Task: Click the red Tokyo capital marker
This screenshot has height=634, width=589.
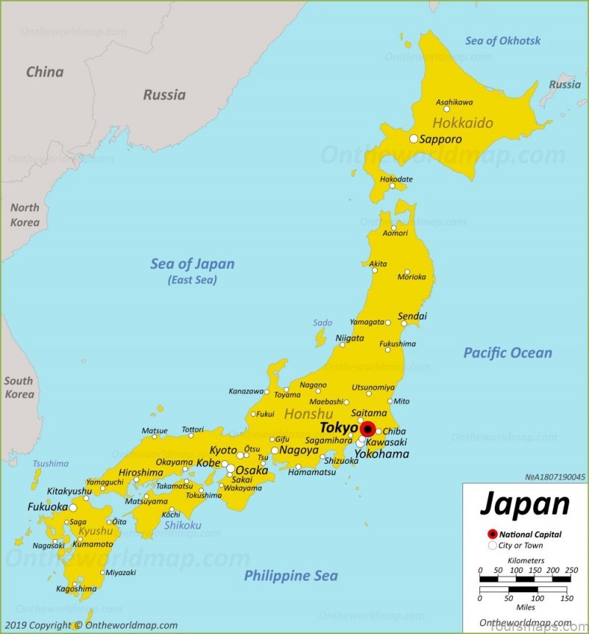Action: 368,429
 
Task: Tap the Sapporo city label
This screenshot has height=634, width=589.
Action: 441,139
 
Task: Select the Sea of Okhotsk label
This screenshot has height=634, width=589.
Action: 503,40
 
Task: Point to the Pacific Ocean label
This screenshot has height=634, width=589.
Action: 507,353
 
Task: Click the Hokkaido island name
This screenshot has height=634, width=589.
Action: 463,122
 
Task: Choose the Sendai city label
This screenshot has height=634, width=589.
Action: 412,317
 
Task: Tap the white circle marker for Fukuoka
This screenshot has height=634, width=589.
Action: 73,507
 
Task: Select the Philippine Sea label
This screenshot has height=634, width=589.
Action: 291,576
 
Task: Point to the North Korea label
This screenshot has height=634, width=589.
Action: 24,215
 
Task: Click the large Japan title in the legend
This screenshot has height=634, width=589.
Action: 525,504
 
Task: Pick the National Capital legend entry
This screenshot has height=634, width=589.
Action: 530,535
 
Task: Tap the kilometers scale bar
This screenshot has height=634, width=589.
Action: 525,580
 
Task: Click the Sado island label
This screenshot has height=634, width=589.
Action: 322,323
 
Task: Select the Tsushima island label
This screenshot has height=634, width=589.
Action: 50,464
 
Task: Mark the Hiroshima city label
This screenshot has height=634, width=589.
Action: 141,473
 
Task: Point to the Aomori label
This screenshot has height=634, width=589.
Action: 395,233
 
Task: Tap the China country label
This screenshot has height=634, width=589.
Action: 45,72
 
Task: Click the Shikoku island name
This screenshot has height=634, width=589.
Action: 182,525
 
